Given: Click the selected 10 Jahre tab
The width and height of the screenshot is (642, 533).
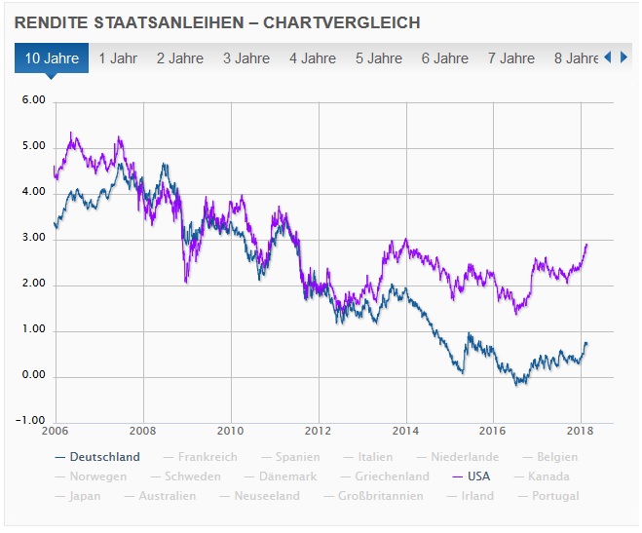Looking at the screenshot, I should (52, 58).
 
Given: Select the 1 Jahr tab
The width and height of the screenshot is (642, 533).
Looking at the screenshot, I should (118, 58).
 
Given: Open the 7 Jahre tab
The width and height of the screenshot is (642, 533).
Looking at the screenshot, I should (511, 58).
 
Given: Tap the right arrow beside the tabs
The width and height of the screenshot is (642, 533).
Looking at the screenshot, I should (624, 57).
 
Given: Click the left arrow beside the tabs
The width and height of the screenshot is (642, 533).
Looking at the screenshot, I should (609, 57).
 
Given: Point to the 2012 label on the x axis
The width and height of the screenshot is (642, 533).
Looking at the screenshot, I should (318, 432).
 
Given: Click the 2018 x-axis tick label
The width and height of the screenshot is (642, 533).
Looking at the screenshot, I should (581, 432).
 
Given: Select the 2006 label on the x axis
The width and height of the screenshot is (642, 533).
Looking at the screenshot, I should (55, 432).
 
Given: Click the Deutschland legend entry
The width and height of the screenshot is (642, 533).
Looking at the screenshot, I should (103, 457).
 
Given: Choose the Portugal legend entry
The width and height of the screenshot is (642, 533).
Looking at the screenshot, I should (555, 496).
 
